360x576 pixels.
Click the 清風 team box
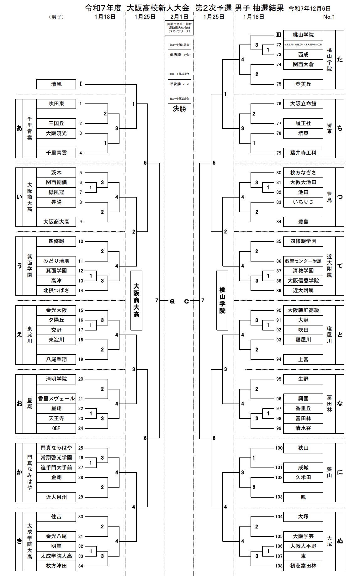56,84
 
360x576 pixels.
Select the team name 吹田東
56,104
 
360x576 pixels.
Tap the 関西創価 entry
56,182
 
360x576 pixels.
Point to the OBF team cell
56,428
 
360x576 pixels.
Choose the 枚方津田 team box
56,566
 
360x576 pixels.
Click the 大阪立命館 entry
303,104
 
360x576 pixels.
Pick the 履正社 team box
303,123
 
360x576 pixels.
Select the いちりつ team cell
303,202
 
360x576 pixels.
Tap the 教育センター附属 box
303,261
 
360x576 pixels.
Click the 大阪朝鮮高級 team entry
303,310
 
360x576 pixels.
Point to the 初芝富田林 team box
303,566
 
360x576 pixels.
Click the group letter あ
19,128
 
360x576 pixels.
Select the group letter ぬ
340,541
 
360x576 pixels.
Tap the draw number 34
81,566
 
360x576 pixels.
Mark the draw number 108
279,566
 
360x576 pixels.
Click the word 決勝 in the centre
179,109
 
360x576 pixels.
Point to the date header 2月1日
179,17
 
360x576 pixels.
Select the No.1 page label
329,17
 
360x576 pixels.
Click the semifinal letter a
172,301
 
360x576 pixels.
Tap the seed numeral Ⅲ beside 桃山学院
278,35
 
